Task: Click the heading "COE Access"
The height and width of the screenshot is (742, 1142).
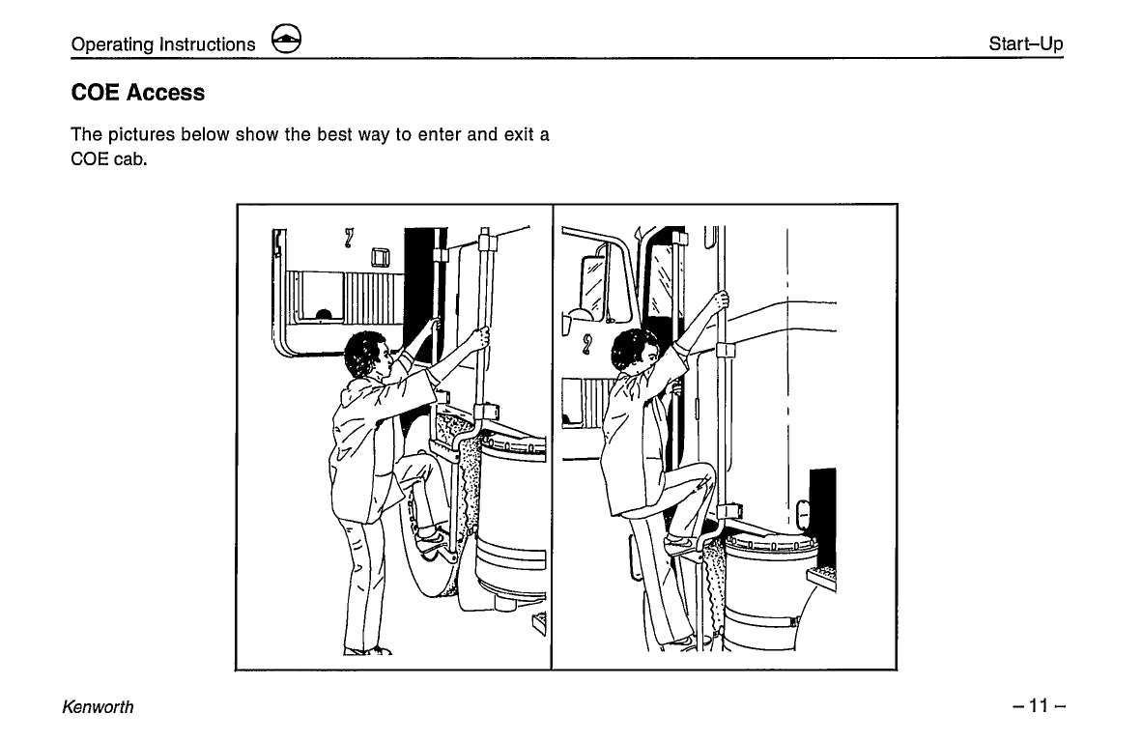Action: pos(138,93)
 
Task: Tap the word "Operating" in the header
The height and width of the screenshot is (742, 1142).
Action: pos(112,44)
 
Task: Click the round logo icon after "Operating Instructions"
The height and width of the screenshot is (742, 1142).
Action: pos(286,41)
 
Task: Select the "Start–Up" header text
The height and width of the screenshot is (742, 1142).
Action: pos(1025,44)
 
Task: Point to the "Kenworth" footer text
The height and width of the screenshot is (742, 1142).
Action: pos(98,706)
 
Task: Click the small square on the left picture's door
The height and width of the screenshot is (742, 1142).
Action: pos(379,257)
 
